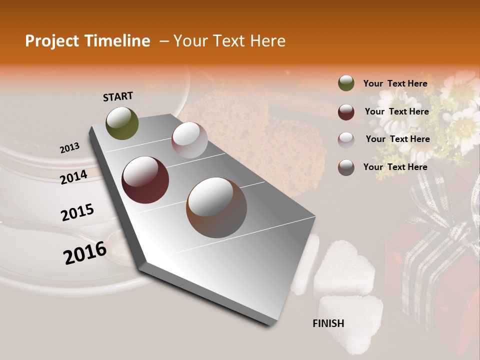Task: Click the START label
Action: pos(118,96)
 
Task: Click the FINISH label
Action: pos(328,323)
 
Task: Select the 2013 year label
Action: pos(70,147)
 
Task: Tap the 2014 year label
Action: pos(74,177)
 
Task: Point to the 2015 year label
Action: pos(77,212)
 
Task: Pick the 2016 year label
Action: pos(85,252)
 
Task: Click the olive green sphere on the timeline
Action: pos(122,123)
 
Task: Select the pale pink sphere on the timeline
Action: pos(189,140)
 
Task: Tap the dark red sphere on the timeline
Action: pos(145,180)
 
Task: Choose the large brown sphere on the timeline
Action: pos(216,207)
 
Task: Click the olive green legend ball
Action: pos(346,83)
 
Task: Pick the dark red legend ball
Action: pos(346,112)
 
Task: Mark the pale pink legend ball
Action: pos(346,139)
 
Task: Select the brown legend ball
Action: pos(346,167)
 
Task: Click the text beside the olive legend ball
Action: pos(395,83)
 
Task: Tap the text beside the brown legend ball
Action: pos(395,167)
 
